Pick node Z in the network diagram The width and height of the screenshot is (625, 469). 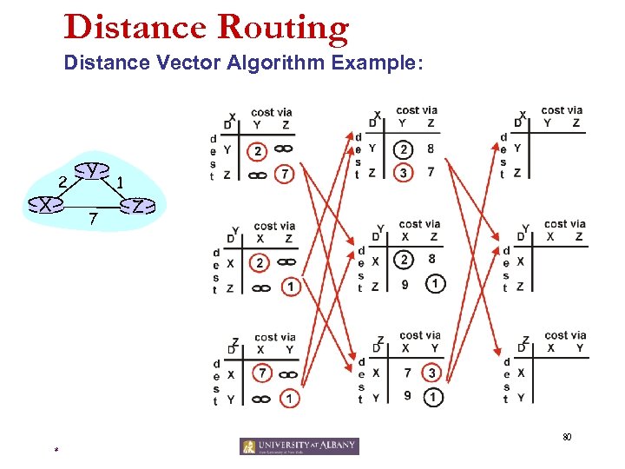click(x=137, y=207)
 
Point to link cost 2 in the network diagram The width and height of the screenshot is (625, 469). click(x=62, y=181)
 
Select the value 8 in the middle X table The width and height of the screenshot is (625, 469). click(x=431, y=149)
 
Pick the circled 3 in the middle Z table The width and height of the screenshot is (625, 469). click(x=431, y=373)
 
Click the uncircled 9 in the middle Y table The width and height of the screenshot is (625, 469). click(x=404, y=285)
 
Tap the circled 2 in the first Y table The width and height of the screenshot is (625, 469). click(x=259, y=262)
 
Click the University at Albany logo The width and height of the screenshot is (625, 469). click(x=299, y=446)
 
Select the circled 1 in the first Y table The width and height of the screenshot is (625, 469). click(x=289, y=287)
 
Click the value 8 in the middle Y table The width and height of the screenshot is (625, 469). click(x=431, y=259)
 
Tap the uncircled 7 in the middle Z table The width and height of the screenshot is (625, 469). click(x=405, y=373)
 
